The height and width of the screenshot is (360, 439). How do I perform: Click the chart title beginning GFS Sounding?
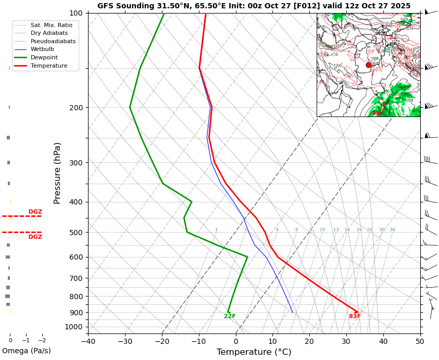click(x=254, y=6)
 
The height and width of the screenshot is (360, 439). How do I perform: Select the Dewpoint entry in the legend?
click(x=44, y=57)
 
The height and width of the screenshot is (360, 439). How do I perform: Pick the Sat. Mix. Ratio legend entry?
click(x=52, y=25)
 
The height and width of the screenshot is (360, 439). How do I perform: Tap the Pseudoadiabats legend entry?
click(x=53, y=41)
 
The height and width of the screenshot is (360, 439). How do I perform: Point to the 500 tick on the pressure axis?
click(x=77, y=232)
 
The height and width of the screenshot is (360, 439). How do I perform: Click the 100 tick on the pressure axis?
click(x=77, y=13)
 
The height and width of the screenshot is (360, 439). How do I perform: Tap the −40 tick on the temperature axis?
click(x=88, y=341)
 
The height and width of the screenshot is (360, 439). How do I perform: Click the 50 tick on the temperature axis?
click(x=420, y=341)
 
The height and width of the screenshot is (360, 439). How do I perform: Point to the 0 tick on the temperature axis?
click(x=236, y=341)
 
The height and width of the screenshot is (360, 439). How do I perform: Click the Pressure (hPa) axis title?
click(x=58, y=173)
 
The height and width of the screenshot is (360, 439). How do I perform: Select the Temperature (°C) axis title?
click(x=254, y=352)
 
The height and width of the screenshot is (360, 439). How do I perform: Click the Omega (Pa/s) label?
click(x=26, y=351)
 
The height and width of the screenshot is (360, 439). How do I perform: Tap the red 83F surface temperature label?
click(x=355, y=316)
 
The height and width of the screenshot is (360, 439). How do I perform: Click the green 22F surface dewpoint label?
click(x=230, y=316)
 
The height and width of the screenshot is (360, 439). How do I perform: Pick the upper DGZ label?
click(x=35, y=212)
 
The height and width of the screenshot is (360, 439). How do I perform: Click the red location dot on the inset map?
click(x=369, y=65)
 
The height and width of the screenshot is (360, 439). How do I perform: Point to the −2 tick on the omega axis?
click(x=42, y=340)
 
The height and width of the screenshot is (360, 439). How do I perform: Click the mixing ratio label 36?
click(x=392, y=230)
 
